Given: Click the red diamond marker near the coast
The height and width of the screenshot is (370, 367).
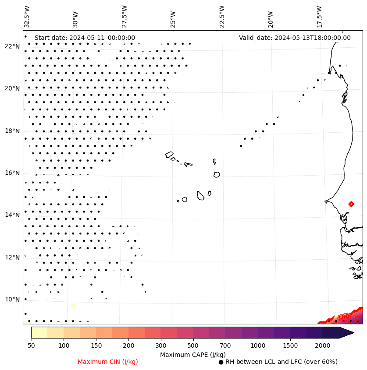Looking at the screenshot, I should tap(351, 204).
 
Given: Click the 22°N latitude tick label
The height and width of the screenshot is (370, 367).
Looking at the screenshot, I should tap(12, 46).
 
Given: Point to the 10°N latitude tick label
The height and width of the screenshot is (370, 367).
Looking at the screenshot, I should tap(12, 300).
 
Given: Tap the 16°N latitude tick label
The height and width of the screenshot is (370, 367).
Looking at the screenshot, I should tap(12, 173).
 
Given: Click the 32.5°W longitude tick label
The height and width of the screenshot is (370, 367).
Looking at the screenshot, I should tap(27, 16).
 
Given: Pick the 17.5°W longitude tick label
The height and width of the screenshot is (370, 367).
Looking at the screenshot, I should tap(320, 16).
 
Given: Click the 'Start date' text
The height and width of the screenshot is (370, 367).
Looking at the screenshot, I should tap(85, 38).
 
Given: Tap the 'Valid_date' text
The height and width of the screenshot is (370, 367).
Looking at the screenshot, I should tap(295, 38).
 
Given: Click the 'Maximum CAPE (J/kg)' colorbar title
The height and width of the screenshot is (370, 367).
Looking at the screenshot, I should tap(192, 355).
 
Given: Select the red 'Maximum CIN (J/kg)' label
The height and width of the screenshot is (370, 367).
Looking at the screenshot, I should tap(108, 362).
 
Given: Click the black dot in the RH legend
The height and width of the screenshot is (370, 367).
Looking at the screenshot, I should tap(221, 362).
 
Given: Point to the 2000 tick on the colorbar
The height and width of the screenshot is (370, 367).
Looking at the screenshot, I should tap(322, 346).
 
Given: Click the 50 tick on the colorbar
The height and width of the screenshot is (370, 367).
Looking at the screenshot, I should tap(31, 346).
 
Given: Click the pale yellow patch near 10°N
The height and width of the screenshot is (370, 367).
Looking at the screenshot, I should tap(73, 306).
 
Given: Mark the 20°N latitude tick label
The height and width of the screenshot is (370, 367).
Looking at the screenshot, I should tap(12, 88).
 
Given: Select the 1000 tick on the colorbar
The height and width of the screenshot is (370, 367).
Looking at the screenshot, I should tap(258, 346).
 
